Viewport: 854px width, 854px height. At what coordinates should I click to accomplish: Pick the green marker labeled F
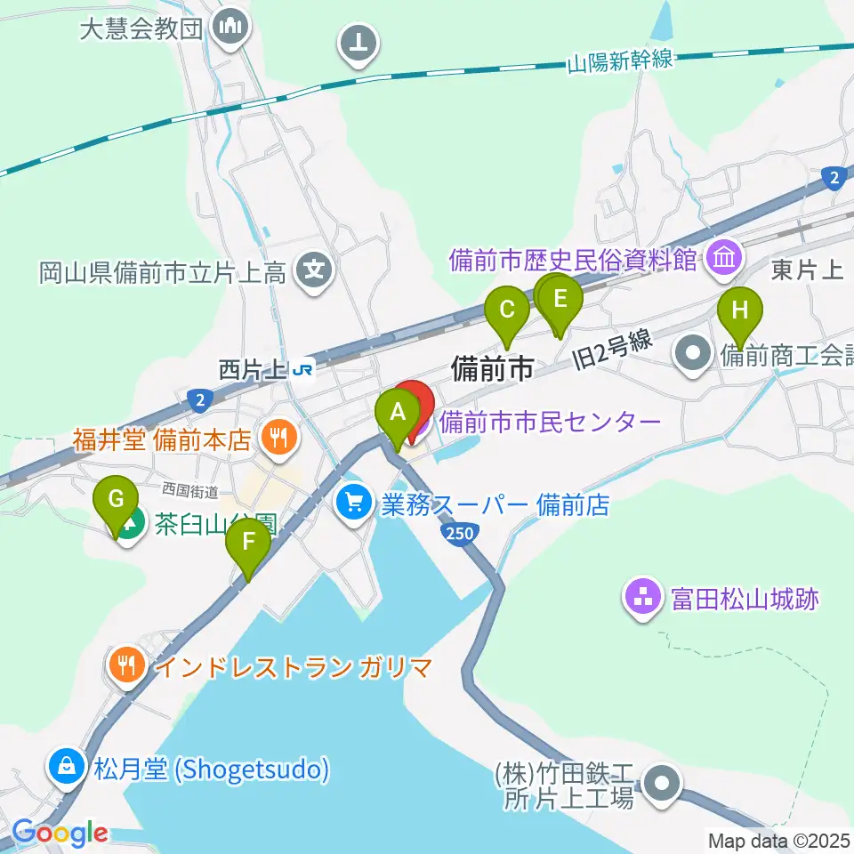(x=248, y=542)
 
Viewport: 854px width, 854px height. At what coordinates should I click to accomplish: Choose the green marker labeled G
(x=117, y=499)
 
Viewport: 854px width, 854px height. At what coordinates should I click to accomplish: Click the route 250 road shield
(x=457, y=533)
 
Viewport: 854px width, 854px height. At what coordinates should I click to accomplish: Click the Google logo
(x=60, y=833)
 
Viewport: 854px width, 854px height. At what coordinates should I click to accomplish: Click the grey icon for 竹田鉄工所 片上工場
(x=663, y=785)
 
